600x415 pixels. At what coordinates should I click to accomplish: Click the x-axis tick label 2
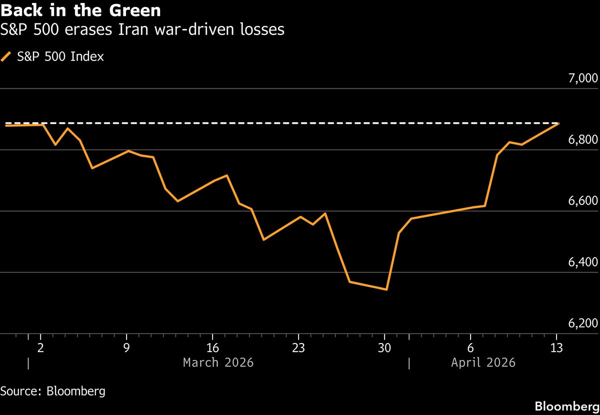[40, 348]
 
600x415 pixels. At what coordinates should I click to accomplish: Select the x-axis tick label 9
[126, 348]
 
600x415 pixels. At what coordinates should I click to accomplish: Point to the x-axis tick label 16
[212, 348]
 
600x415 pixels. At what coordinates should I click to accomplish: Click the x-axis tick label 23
[298, 348]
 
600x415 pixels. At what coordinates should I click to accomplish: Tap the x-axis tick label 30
[384, 348]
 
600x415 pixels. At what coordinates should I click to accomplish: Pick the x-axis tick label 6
[470, 348]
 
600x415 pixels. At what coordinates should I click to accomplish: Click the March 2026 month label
[218, 363]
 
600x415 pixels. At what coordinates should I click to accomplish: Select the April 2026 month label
[483, 363]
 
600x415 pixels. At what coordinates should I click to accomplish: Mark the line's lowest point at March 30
[386, 289]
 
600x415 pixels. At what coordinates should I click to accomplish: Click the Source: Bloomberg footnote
[52, 391]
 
